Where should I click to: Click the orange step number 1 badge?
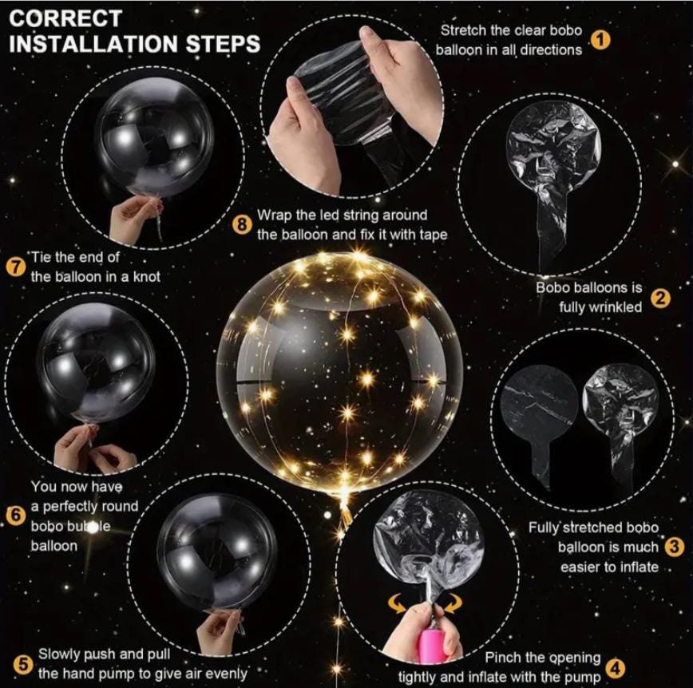pyautogui.click(x=600, y=40)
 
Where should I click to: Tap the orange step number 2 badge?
pyautogui.click(x=660, y=299)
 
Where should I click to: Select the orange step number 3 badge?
pyautogui.click(x=674, y=547)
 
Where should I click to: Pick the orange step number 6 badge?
pyautogui.click(x=16, y=516)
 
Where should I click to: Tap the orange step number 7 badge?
pyautogui.click(x=16, y=267)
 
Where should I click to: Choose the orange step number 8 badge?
pyautogui.click(x=241, y=225)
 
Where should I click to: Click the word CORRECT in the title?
pyautogui.click(x=65, y=18)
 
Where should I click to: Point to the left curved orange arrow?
pyautogui.click(x=398, y=603)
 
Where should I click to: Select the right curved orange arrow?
pyautogui.click(x=453, y=603)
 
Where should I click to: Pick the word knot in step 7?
pyautogui.click(x=146, y=277)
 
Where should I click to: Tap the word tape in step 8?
pyautogui.click(x=433, y=235)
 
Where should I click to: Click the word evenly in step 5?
pyautogui.click(x=225, y=674)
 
